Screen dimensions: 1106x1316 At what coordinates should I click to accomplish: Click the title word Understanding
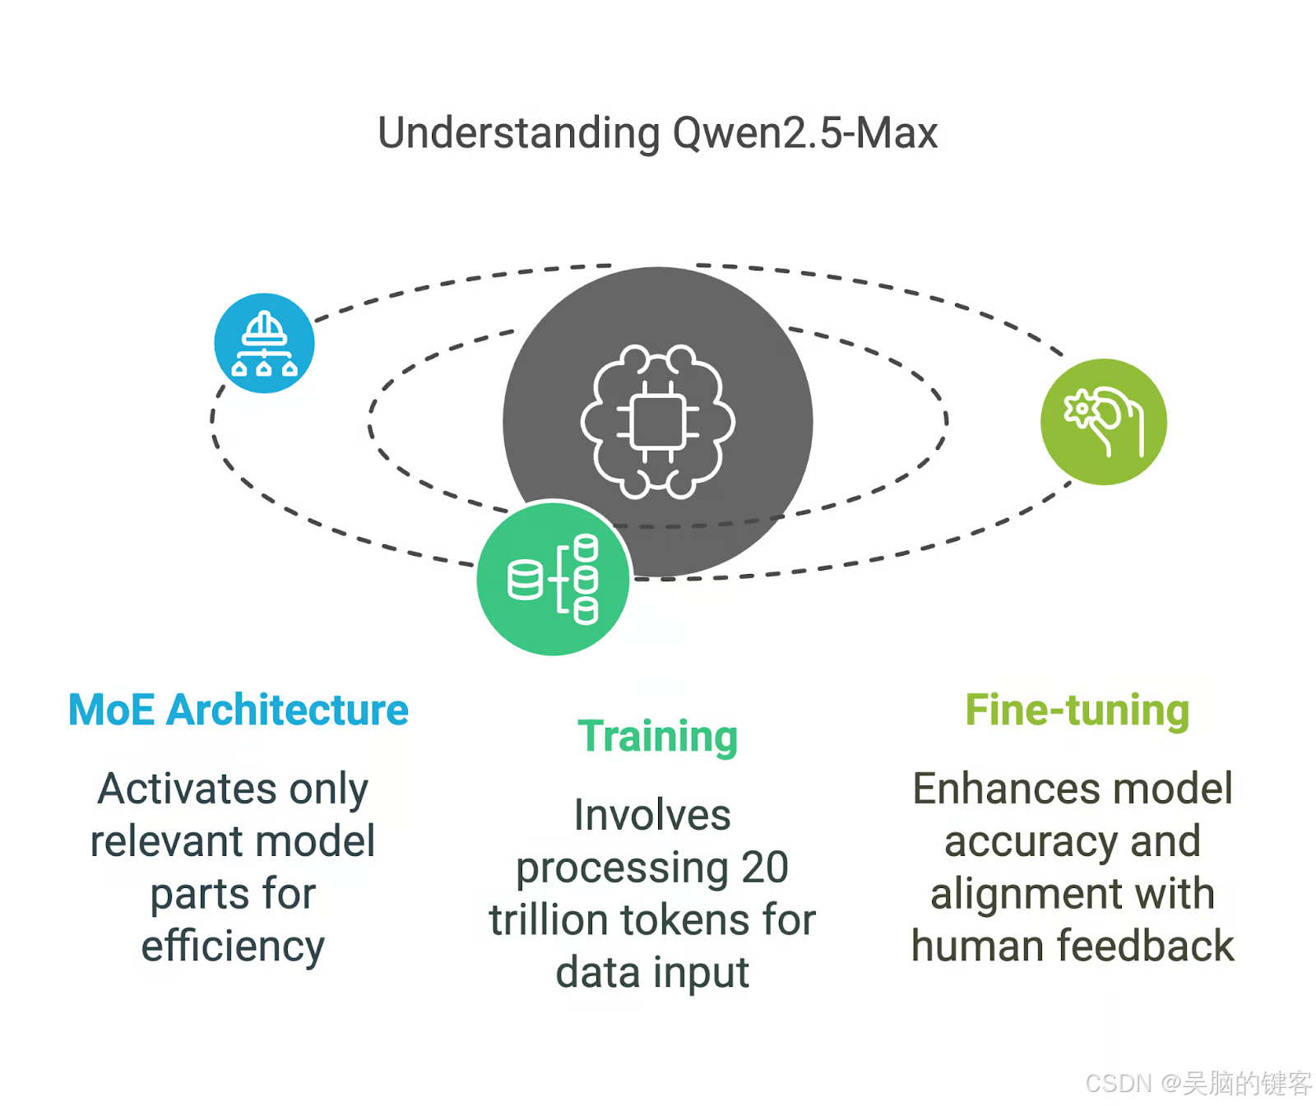[518, 133]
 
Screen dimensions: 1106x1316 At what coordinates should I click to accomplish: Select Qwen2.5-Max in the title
[805, 133]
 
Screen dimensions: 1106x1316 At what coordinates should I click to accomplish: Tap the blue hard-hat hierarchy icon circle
[264, 343]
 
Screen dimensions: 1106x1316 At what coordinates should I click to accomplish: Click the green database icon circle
[554, 578]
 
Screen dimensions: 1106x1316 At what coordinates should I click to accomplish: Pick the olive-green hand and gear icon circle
[1103, 422]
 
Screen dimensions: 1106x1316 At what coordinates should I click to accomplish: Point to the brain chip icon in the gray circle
[658, 422]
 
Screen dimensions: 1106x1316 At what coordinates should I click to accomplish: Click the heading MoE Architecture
[238, 710]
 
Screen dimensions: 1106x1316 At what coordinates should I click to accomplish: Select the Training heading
[657, 736]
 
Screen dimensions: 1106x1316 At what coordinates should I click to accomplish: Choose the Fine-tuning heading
[1077, 710]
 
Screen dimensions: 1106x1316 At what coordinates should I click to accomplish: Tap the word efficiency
[233, 946]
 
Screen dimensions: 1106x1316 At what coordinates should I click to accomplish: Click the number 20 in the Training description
[765, 868]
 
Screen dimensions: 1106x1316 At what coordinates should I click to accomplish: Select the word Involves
[652, 815]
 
